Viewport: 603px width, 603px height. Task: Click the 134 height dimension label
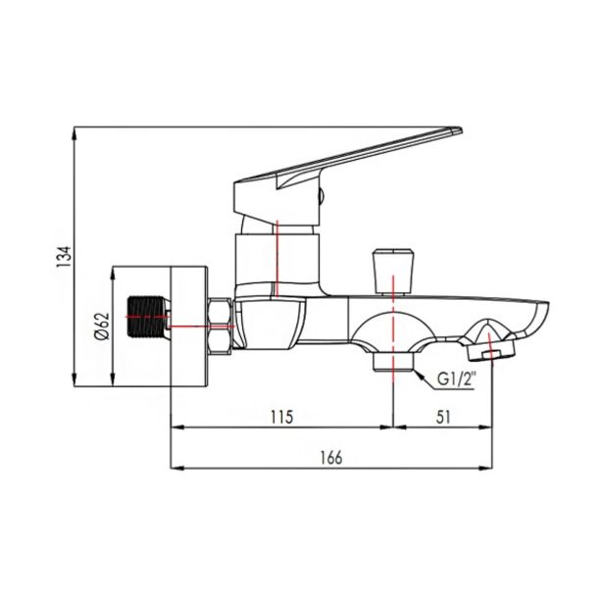(65, 257)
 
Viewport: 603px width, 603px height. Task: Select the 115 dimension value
(281, 417)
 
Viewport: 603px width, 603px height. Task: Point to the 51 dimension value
(443, 417)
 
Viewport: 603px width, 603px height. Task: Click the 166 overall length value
(331, 458)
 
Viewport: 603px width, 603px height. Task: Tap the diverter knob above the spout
(393, 272)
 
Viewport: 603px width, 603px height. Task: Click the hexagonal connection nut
(220, 327)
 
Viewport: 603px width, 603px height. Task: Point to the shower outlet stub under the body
(393, 362)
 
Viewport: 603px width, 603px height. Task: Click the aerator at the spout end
(491, 351)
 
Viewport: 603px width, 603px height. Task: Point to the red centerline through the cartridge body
(276, 259)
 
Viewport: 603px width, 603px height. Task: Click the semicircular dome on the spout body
(393, 329)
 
